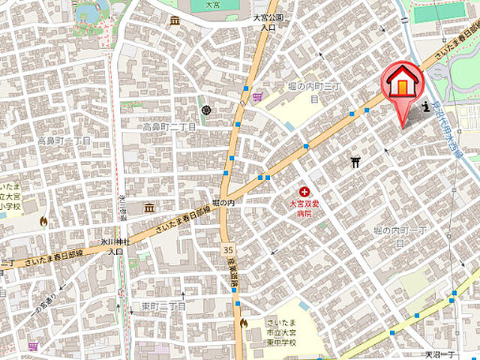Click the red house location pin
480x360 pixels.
click(x=403, y=84)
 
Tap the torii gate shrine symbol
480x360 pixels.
click(x=356, y=161)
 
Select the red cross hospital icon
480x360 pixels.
click(x=304, y=193)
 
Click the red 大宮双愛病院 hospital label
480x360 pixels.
click(x=304, y=208)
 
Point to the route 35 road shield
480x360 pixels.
click(x=227, y=248)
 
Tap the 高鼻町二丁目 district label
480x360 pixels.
click(x=169, y=127)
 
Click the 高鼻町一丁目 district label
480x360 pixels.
click(x=64, y=140)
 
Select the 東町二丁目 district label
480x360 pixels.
click(x=163, y=306)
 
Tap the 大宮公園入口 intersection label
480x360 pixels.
click(x=268, y=21)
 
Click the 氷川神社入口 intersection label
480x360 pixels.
click(x=115, y=247)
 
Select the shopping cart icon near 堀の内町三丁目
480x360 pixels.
click(x=258, y=95)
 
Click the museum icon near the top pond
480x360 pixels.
click(x=175, y=20)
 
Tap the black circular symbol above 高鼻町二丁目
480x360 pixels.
click(x=206, y=111)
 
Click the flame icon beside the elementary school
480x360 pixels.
click(x=43, y=221)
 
